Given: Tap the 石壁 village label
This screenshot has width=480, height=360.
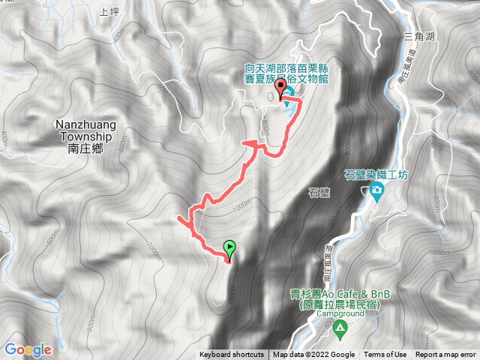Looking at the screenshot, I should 319,192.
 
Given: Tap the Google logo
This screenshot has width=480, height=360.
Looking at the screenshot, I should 28,349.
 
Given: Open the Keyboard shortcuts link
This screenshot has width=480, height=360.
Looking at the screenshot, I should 232,355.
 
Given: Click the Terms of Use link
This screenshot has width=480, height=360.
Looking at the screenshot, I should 385,355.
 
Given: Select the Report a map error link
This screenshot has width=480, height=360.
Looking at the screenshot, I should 445,355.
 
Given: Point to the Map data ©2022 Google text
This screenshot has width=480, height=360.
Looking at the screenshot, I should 313,355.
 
